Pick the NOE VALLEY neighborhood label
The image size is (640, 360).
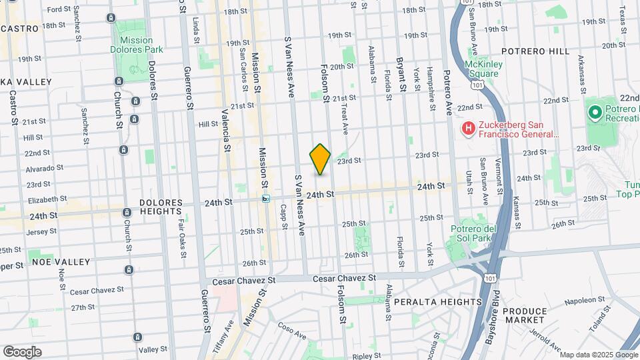[x=59, y=262]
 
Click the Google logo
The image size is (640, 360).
[x=22, y=351]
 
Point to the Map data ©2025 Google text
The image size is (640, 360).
[x=599, y=354]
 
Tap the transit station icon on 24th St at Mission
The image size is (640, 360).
[x=266, y=198]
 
